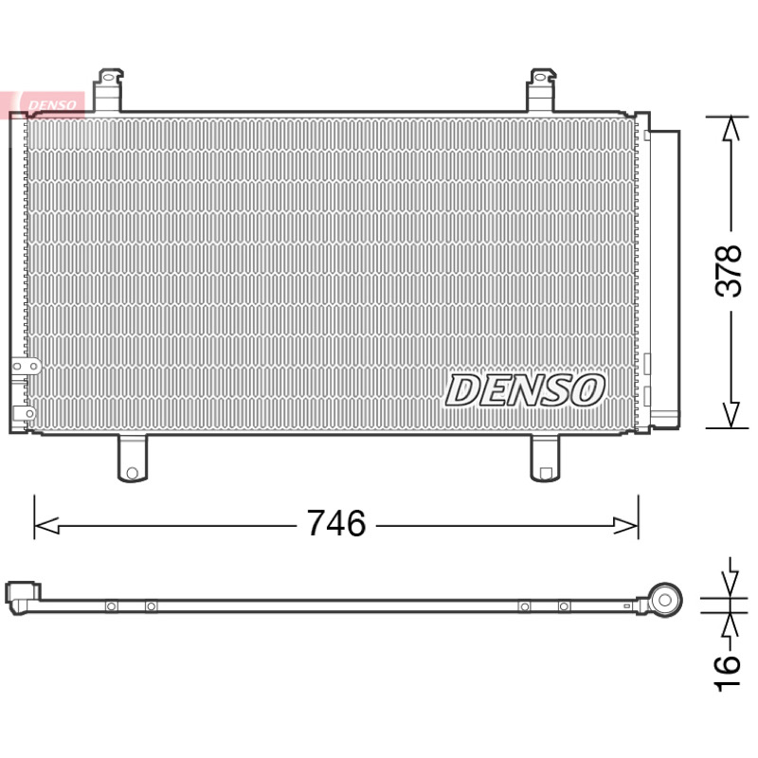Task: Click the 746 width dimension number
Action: [336, 523]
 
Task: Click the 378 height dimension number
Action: [729, 271]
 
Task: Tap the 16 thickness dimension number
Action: [728, 674]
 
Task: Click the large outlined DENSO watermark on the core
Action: [525, 389]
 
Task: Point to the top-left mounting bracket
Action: [108, 90]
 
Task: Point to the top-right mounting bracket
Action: [541, 90]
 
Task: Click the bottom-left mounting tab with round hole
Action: [133, 459]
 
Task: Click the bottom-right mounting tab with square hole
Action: [546, 459]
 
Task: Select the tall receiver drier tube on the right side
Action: [665, 279]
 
